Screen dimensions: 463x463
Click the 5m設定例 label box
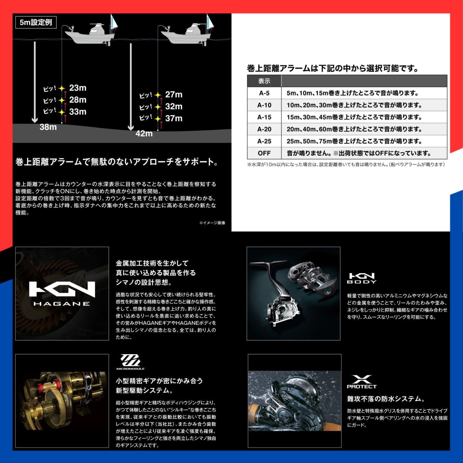[36, 22]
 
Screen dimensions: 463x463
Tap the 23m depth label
[78, 88]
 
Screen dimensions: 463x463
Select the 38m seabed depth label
[48, 127]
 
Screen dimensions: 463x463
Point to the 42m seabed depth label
[144, 133]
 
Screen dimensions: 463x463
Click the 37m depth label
[174, 118]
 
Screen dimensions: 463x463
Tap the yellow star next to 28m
[62, 100]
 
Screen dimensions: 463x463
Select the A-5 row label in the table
[264, 93]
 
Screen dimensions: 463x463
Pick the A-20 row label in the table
[264, 129]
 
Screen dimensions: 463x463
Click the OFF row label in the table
[264, 153]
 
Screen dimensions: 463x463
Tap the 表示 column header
[264, 81]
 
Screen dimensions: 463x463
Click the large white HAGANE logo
[62, 293]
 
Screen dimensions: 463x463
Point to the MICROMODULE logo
[130, 362]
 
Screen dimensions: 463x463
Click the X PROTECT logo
[362, 382]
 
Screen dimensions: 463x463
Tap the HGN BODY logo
[362, 278]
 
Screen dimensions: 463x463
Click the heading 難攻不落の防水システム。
[386, 399]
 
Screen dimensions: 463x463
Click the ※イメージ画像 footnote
[212, 223]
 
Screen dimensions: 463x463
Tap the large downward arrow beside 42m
[131, 87]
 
